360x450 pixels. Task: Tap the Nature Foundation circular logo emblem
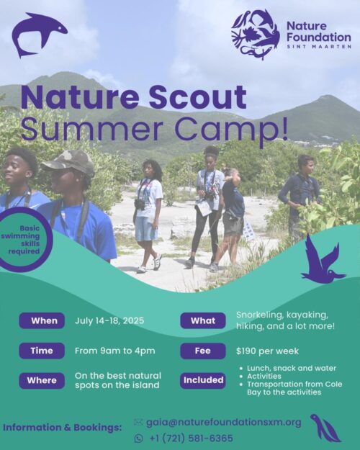coord(255,34)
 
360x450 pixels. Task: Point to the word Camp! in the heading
coord(237,128)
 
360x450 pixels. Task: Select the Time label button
coord(42,351)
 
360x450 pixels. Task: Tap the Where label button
coord(42,380)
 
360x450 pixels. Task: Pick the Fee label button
coord(202,351)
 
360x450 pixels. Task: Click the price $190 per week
coord(267,351)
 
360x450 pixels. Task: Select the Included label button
coord(202,380)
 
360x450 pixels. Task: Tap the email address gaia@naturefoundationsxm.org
coord(223,422)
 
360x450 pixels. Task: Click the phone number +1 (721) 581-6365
coord(191,438)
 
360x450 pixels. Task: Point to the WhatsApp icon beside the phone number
coord(139,438)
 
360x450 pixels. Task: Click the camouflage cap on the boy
coord(68,161)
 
